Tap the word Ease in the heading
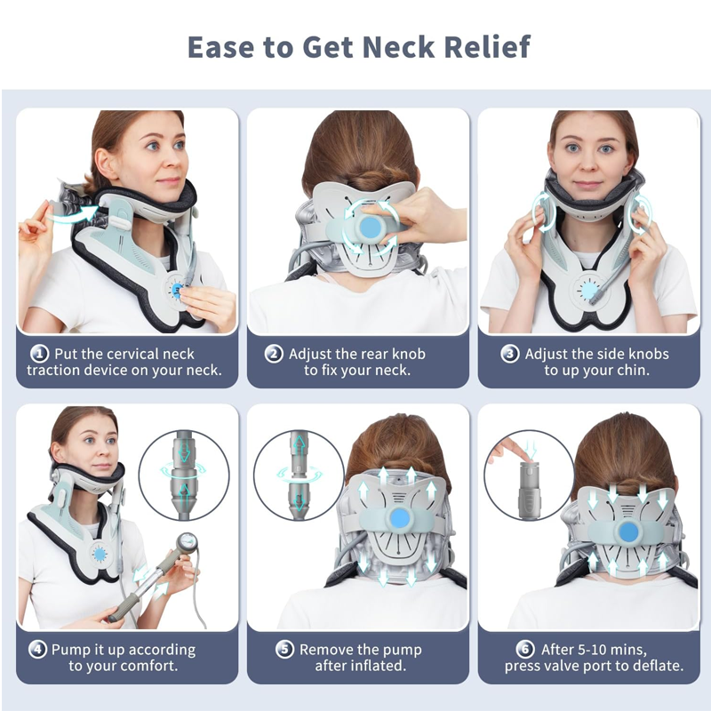pyautogui.click(x=220, y=47)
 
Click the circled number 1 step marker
pyautogui.click(x=39, y=354)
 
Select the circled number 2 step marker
pyautogui.click(x=274, y=354)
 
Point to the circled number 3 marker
pyautogui.click(x=509, y=354)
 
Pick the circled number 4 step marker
pyautogui.click(x=37, y=650)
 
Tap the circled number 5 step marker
pyautogui.click(x=284, y=650)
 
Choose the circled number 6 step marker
pyautogui.click(x=525, y=650)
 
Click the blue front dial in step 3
pyautogui.click(x=588, y=291)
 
